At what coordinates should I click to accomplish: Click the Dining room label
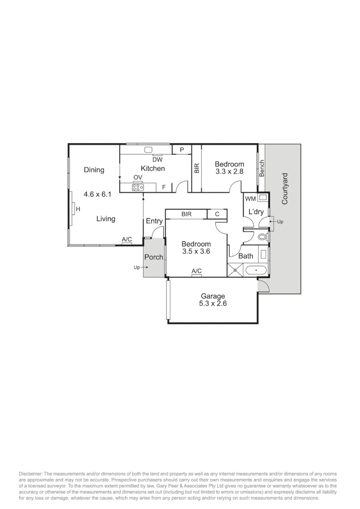click(x=94, y=170)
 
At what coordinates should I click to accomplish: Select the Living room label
click(x=106, y=219)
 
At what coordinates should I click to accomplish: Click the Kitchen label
click(x=153, y=168)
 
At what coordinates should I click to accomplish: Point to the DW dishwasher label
click(x=157, y=159)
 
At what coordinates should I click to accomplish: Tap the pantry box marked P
click(x=181, y=150)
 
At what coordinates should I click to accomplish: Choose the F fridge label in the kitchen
click(x=164, y=187)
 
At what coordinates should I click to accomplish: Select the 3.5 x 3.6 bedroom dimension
click(x=196, y=252)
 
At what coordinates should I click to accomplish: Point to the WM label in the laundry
click(x=250, y=198)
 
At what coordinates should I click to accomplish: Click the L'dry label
click(x=256, y=212)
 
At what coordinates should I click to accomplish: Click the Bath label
click(x=245, y=256)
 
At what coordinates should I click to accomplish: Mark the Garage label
click(x=213, y=296)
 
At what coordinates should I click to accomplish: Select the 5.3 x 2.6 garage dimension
click(x=213, y=304)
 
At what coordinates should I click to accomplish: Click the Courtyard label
click(x=285, y=189)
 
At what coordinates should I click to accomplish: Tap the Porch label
click(x=154, y=257)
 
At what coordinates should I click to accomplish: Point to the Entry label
click(x=154, y=221)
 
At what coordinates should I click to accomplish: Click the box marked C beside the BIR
click(x=217, y=214)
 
